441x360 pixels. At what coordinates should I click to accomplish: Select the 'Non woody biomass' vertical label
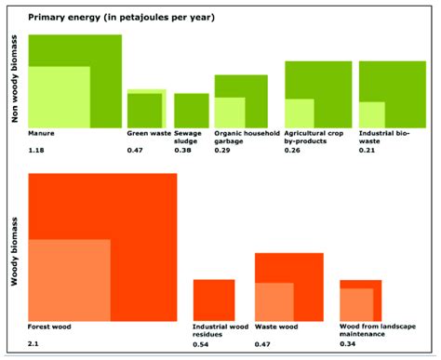(15, 81)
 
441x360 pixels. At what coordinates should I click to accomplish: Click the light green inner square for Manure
(59, 97)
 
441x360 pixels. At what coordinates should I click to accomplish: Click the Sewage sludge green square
(191, 110)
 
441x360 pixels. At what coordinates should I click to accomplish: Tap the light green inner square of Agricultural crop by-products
(299, 113)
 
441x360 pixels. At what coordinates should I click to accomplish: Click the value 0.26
(292, 150)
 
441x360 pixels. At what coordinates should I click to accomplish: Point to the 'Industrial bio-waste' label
(382, 138)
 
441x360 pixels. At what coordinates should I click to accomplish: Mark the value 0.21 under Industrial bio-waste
(367, 150)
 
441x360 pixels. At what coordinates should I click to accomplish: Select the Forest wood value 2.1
(34, 344)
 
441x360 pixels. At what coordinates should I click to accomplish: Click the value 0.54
(201, 344)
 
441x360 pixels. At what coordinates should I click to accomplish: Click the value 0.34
(348, 344)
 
